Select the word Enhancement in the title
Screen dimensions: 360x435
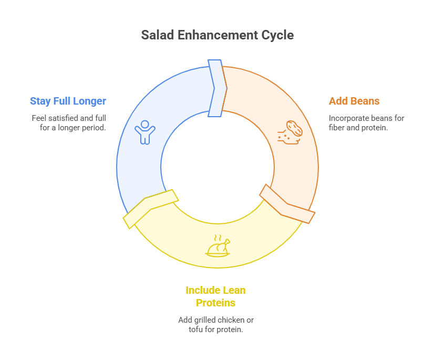point(217,35)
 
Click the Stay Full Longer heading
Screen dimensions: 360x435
point(68,101)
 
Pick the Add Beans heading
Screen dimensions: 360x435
point(354,101)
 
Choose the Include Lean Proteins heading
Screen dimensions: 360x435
point(215,296)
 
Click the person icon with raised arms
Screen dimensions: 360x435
point(145,132)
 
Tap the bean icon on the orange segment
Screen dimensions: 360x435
point(289,132)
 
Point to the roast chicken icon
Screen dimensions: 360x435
point(218,247)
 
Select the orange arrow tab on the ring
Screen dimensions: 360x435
point(286,204)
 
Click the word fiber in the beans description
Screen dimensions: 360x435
point(337,127)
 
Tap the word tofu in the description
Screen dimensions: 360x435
point(196,330)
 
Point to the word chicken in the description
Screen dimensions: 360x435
point(231,320)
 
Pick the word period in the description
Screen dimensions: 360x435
point(95,127)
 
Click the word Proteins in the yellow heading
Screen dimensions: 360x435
point(215,303)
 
